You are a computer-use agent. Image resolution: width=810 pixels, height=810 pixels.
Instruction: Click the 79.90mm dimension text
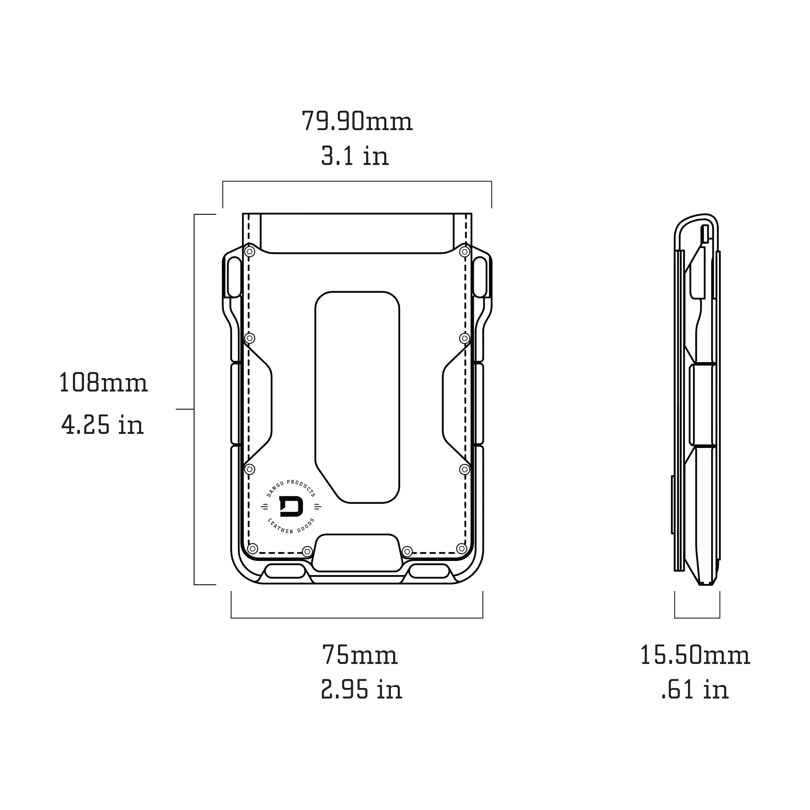(x=357, y=122)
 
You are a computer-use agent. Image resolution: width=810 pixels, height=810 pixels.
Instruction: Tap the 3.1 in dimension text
(x=355, y=156)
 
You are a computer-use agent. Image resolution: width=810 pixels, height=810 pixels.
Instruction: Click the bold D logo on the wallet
(x=291, y=507)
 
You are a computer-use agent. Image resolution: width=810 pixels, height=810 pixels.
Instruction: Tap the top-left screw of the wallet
(x=249, y=252)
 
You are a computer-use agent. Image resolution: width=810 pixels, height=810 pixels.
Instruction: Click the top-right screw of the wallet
(x=464, y=252)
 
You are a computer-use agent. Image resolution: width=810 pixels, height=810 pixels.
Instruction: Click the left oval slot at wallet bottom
(x=285, y=571)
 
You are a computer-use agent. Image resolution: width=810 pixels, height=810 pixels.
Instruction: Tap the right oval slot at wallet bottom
(x=429, y=571)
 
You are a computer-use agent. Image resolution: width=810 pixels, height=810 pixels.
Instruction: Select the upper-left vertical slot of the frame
(x=234, y=277)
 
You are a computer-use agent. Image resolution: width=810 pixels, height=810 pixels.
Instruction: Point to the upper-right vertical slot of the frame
(x=480, y=277)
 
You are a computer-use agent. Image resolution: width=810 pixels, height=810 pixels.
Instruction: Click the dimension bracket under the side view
(x=697, y=617)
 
